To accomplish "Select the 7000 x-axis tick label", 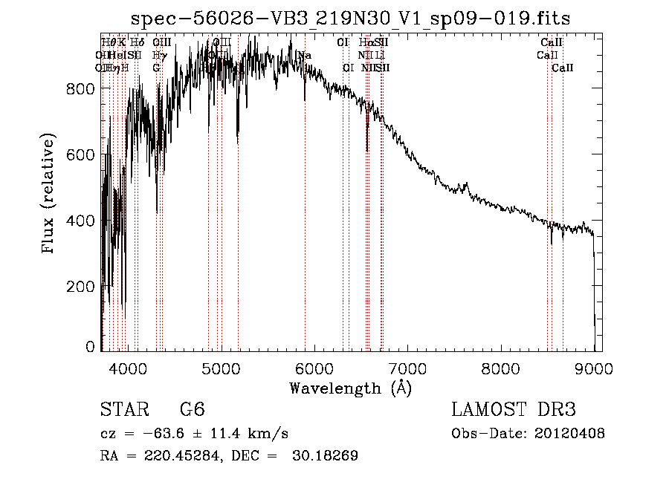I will point(407,367).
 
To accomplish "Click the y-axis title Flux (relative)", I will point(50,195).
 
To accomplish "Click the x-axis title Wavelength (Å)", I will point(350,388).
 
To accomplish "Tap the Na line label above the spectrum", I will point(304,56).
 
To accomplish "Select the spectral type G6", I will point(192,410).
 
